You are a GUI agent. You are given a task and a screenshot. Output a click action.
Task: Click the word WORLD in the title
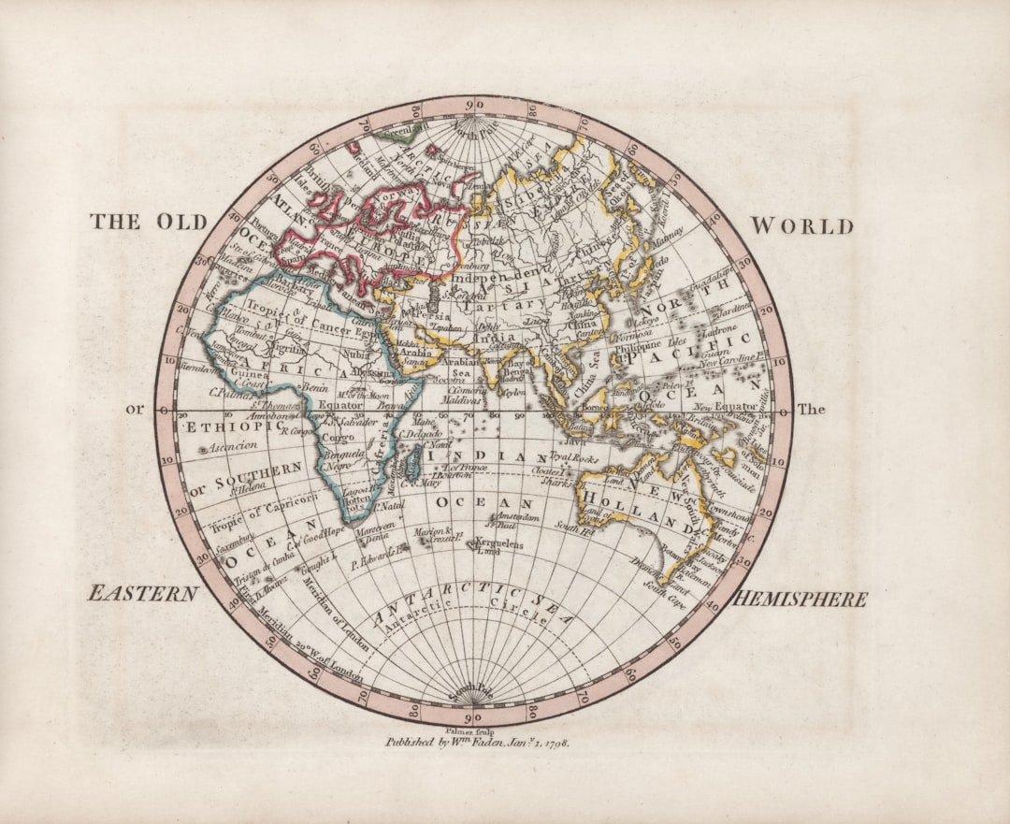click(x=802, y=226)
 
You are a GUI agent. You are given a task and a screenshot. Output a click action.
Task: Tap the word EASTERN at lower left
click(x=143, y=594)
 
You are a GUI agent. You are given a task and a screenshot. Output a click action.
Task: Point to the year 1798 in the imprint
click(x=552, y=742)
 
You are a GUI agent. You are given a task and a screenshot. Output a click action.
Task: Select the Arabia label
click(x=416, y=354)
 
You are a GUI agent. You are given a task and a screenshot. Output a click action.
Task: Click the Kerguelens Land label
click(x=499, y=546)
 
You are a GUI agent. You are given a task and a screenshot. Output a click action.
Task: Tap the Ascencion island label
click(x=232, y=447)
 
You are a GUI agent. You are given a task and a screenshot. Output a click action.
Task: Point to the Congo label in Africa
click(x=337, y=437)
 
